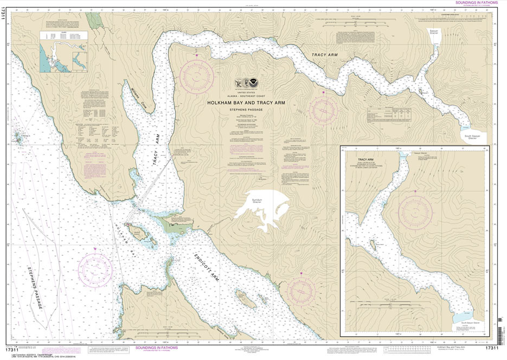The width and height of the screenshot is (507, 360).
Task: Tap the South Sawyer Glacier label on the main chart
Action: point(474,138)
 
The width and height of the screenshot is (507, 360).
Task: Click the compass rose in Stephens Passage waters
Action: point(95,270)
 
